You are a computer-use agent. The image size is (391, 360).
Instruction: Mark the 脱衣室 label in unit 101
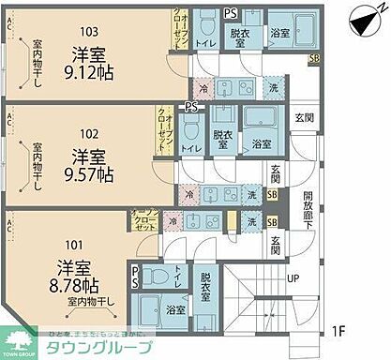204,284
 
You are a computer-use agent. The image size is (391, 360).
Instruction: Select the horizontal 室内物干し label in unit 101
91,302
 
